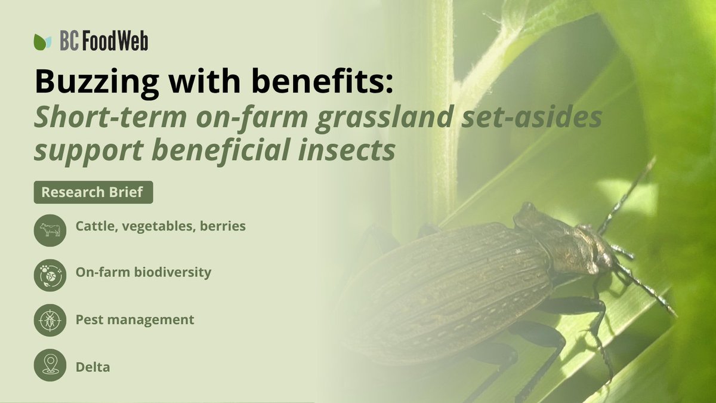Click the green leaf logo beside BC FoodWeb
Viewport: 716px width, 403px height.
click(x=43, y=42)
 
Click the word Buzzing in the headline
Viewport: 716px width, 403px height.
click(x=88, y=82)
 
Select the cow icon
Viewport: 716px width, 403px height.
click(x=50, y=230)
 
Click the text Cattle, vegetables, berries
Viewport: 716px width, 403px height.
click(x=161, y=227)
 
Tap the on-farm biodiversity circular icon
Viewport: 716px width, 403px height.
click(x=50, y=275)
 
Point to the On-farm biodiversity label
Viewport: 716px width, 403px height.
click(x=143, y=272)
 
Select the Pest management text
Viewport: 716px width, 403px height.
click(x=135, y=319)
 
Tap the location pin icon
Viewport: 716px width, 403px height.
click(x=50, y=365)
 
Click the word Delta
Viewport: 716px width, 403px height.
click(x=92, y=367)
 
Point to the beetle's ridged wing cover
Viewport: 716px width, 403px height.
click(x=453, y=287)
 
